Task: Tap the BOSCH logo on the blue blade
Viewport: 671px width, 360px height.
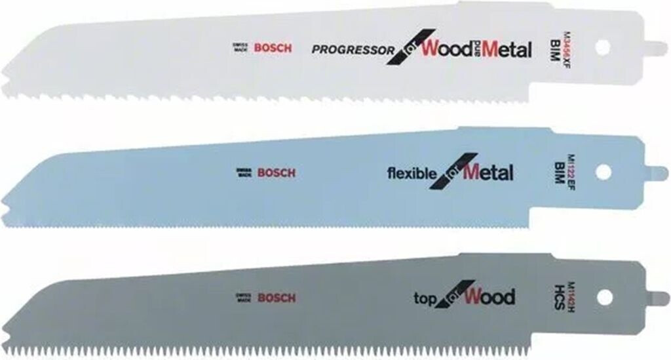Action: tap(276, 173)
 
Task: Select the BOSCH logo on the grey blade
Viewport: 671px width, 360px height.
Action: tap(276, 298)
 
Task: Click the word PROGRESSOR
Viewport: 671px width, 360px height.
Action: tap(353, 49)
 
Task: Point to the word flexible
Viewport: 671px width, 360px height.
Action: tap(412, 174)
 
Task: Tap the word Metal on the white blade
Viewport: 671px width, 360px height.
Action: tap(507, 50)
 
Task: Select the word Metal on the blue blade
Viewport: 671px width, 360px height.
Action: tap(488, 173)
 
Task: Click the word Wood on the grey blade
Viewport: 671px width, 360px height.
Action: tap(489, 297)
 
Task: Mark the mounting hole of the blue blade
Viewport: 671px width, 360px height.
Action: tap(604, 172)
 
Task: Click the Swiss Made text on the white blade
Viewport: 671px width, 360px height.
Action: tap(239, 48)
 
